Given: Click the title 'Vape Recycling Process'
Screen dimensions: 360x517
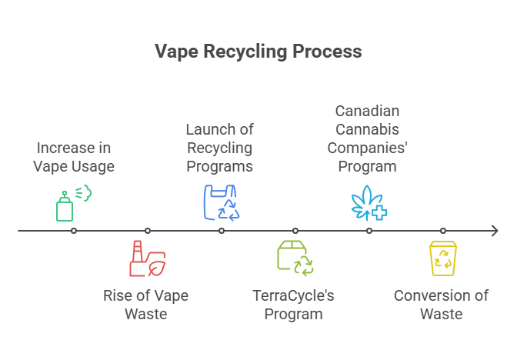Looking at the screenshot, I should tap(258, 52).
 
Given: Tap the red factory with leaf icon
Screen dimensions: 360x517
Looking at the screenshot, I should tap(147, 258).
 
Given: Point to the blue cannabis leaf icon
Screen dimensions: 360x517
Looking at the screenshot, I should tap(369, 203).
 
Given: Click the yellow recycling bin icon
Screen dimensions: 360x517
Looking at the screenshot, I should tap(442, 258).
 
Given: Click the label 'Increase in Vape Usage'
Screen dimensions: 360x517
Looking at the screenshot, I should tap(74, 157).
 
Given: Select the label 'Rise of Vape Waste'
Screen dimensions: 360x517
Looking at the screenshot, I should tap(145, 305).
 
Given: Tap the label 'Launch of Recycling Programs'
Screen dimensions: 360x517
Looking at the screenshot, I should tap(219, 148).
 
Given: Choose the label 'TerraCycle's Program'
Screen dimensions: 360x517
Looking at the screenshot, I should tap(293, 305).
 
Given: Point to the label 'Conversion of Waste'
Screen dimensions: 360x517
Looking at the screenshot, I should tap(441, 305).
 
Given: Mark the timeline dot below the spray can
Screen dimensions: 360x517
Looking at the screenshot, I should tap(73, 231).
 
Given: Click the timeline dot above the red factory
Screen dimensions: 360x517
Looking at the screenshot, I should tap(147, 231).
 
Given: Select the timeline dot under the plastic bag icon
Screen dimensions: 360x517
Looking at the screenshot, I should tap(221, 231).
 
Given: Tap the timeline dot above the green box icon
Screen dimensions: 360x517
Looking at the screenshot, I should tap(295, 231).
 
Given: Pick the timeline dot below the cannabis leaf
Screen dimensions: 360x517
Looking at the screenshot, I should tap(369, 231).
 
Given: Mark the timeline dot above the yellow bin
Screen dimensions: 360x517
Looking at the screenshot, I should tap(442, 231).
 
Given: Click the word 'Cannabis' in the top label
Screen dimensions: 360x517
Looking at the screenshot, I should tap(367, 129).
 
